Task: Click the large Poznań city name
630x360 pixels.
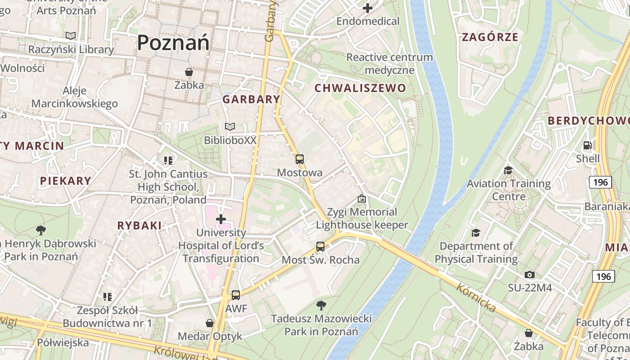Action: coord(173,43)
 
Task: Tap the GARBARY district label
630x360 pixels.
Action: coord(251,99)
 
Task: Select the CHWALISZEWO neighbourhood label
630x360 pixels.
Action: coord(360,88)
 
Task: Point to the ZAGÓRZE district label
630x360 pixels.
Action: coord(490,37)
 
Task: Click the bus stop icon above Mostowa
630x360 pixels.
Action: coord(300,159)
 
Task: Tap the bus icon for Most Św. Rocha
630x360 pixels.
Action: coord(320,247)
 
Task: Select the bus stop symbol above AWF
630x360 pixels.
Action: coord(236,295)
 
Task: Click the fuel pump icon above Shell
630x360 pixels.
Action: coord(587,145)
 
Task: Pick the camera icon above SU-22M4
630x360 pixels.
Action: coord(530,274)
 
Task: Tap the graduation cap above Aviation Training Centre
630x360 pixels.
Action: coord(508,170)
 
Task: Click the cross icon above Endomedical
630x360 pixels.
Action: coord(368,8)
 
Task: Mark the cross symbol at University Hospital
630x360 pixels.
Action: coord(221,219)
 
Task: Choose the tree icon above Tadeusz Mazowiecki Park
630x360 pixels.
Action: coord(321,306)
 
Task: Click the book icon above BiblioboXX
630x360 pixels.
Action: coord(230,127)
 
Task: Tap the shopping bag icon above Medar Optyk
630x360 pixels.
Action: coord(210,323)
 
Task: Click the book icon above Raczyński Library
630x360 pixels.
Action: coord(71,36)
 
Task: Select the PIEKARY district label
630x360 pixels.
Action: coord(66,181)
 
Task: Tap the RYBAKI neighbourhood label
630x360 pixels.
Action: coord(139,225)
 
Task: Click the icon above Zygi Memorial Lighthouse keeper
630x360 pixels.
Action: coord(361,198)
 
